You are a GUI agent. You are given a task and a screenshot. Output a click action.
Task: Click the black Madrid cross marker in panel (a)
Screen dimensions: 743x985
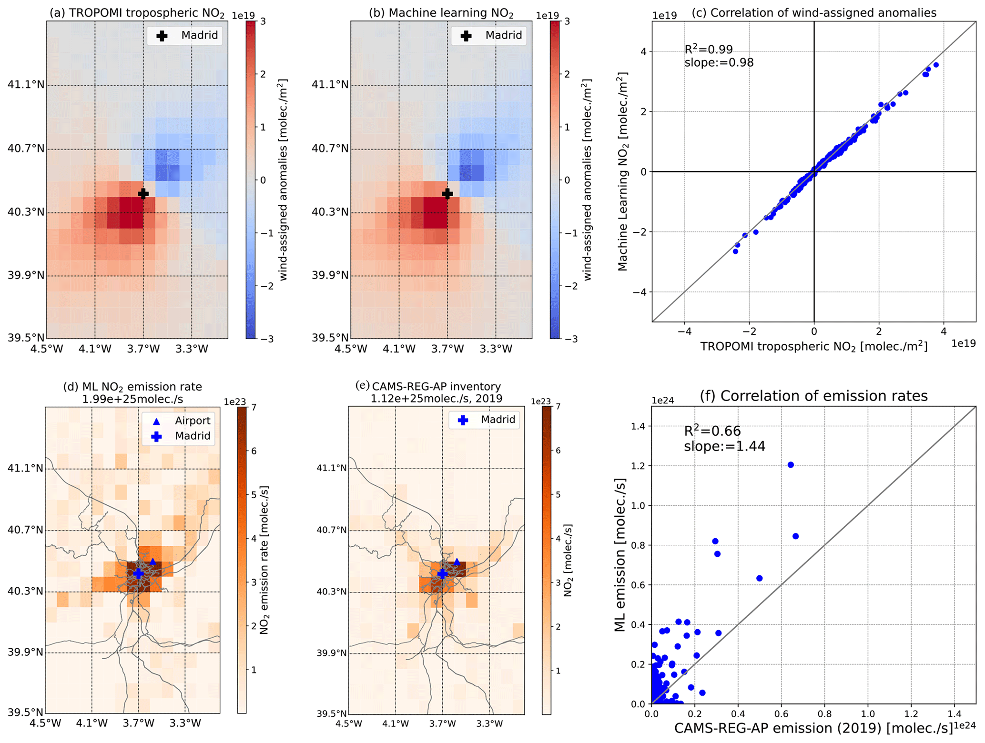143,193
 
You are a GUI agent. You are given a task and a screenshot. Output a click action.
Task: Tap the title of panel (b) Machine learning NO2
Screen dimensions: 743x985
441,13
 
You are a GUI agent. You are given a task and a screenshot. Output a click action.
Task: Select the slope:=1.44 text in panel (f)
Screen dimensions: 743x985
724,446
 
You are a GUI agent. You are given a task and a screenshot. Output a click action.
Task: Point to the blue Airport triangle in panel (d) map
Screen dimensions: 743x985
153,562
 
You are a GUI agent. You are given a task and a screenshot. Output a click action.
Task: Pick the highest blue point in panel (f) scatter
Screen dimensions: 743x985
791,465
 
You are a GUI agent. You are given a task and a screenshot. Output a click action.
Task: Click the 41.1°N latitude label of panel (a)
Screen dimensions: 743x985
26,85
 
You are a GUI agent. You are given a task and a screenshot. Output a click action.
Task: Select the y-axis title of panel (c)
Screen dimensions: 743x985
622,171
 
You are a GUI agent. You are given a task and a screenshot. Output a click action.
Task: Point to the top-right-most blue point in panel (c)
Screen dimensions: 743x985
936,65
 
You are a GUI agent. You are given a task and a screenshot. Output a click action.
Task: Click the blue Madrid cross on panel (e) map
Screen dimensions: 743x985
442,574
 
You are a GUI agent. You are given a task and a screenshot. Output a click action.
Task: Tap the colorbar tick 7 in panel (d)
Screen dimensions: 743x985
254,407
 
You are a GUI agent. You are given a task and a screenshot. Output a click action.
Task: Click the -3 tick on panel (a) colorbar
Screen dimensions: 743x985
267,339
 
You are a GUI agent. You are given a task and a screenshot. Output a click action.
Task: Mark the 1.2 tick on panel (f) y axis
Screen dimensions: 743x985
639,465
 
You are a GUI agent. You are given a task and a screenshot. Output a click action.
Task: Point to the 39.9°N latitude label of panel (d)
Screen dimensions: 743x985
25,652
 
